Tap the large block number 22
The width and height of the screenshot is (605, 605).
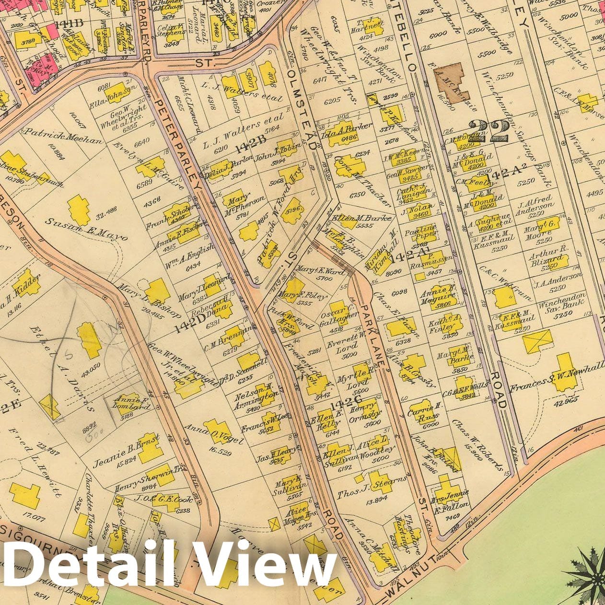[489, 131]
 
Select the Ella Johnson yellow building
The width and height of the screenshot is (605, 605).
[115, 93]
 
